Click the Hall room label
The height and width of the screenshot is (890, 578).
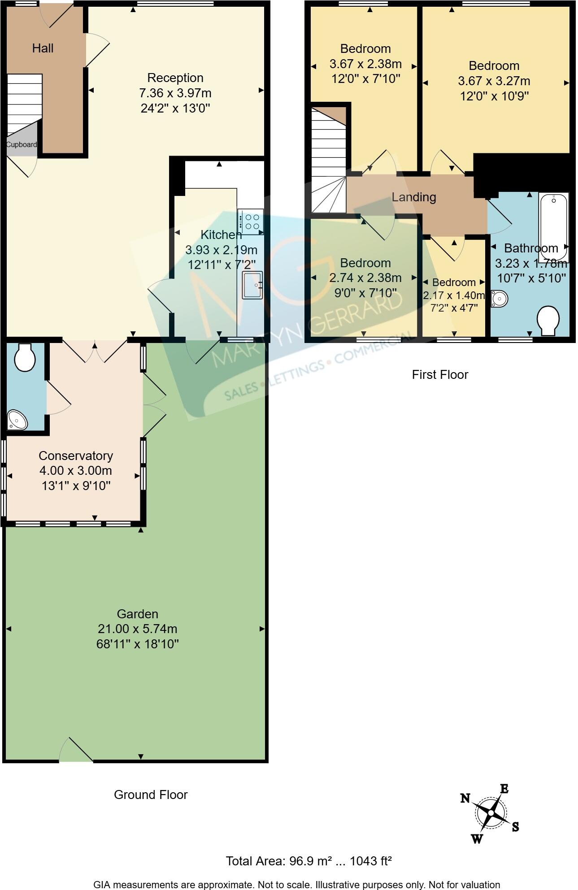(x=43, y=48)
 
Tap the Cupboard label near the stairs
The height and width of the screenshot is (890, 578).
(x=21, y=145)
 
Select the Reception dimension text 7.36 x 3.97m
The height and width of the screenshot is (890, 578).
(x=175, y=93)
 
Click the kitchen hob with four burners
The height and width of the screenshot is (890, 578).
(x=251, y=221)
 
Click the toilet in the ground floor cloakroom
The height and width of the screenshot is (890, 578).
(x=25, y=358)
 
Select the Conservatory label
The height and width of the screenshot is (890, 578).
(x=75, y=456)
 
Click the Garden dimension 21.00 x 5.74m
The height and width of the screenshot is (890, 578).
(x=137, y=629)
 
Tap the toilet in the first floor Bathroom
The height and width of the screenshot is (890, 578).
(x=548, y=320)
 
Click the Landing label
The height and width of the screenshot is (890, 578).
(x=413, y=197)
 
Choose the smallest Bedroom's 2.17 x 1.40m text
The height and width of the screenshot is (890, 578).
(x=454, y=295)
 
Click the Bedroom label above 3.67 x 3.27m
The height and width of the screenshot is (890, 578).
(x=494, y=65)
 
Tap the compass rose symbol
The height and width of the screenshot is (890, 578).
(x=491, y=813)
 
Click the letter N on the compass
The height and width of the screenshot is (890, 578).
(x=465, y=798)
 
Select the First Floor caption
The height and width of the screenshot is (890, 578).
(x=439, y=374)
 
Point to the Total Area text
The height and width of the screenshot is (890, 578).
(x=309, y=861)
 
